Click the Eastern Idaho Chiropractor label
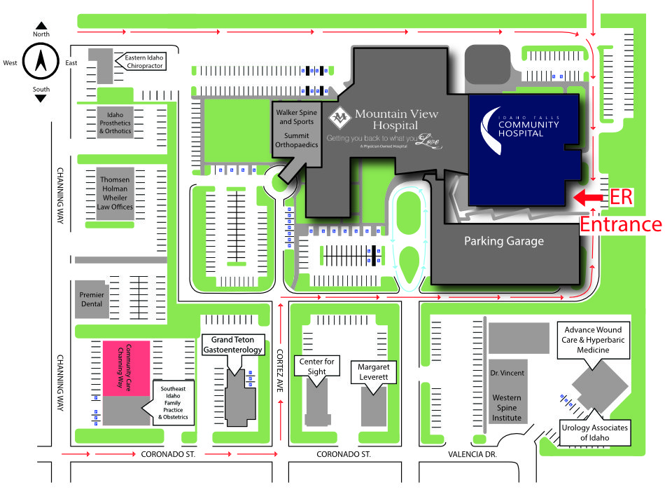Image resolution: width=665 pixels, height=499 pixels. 145,61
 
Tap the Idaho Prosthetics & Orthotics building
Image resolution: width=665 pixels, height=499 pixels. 115,123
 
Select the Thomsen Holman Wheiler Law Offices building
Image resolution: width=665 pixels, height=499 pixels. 115,193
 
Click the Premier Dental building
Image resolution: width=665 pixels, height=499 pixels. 92,299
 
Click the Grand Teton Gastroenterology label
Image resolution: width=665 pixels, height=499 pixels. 233,344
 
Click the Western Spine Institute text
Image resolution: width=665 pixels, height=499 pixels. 506,408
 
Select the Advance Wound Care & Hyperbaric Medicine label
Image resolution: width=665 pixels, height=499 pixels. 594,340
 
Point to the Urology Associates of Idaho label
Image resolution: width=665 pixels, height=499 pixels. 595,432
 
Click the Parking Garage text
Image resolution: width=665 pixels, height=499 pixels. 504,241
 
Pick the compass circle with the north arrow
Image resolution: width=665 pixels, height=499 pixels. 40,62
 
